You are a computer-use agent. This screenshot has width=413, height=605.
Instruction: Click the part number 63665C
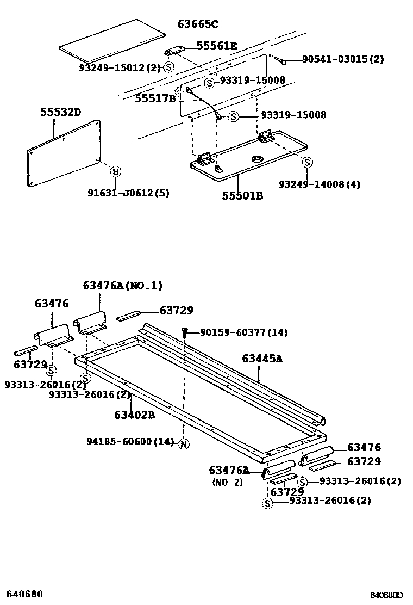(x=198, y=24)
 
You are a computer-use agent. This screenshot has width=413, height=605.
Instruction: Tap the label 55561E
(x=216, y=46)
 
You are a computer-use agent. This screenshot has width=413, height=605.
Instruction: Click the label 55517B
(x=155, y=98)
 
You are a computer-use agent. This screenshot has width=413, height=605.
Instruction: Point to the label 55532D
(x=60, y=113)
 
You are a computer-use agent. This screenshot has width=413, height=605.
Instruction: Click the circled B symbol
(x=115, y=172)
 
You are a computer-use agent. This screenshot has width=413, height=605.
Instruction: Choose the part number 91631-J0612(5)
(x=128, y=193)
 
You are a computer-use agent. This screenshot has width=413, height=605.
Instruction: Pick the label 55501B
(x=242, y=195)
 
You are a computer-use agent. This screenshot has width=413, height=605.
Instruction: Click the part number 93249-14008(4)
(x=320, y=184)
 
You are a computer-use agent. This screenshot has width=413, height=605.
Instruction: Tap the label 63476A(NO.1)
(x=122, y=286)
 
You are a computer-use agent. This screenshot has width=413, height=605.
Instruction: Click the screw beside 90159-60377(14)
(x=186, y=331)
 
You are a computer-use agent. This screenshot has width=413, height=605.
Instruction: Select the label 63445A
(x=262, y=359)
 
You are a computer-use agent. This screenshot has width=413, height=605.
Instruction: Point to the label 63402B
(x=134, y=415)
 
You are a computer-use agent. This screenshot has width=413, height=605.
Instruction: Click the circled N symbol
(x=184, y=443)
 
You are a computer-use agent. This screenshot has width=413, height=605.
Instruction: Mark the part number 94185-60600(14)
(x=130, y=441)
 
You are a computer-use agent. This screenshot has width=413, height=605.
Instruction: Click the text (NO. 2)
(x=227, y=482)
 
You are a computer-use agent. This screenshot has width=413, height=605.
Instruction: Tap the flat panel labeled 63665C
(x=112, y=38)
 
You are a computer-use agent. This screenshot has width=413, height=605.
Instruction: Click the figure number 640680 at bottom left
(x=25, y=594)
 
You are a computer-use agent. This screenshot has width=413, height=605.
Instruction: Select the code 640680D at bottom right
(x=387, y=595)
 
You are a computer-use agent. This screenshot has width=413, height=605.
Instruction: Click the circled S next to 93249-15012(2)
(x=168, y=67)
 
